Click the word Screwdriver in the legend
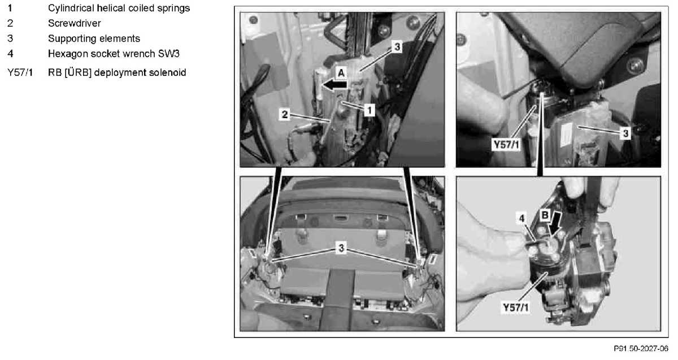point(75,23)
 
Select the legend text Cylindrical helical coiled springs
point(119,8)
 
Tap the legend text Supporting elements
point(94,38)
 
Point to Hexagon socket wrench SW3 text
point(114,54)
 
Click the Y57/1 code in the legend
point(20,73)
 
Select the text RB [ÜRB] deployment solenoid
point(117,73)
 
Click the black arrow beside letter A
point(334,85)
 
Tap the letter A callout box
point(341,73)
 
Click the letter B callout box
point(545,215)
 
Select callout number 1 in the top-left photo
point(370,110)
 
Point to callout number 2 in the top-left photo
point(285,115)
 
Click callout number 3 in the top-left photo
point(397,47)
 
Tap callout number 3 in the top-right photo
point(625,133)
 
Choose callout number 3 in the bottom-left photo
point(341,248)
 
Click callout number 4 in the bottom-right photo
point(522,218)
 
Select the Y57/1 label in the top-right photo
point(506,145)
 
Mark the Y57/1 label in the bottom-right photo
point(515,307)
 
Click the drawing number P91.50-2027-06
point(641,349)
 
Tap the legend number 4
point(10,54)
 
